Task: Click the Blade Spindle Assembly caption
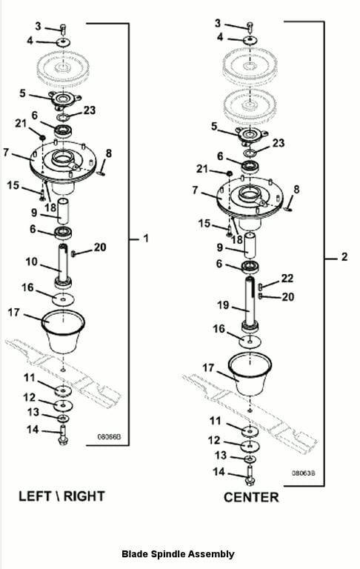(178, 553)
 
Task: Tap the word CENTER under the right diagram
(251, 497)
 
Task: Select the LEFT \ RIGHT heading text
(61, 496)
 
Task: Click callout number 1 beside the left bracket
(146, 239)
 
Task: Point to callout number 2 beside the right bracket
(344, 257)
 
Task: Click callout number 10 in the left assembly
(32, 262)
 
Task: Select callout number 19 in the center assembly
(223, 305)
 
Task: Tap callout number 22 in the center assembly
(287, 279)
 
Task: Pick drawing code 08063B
(304, 473)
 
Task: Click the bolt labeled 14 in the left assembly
(63, 435)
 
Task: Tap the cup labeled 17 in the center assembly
(250, 373)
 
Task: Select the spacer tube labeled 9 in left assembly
(63, 211)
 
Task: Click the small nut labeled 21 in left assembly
(42, 138)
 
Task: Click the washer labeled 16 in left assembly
(63, 300)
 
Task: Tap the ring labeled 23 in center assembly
(250, 153)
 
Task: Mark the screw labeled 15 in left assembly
(42, 194)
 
